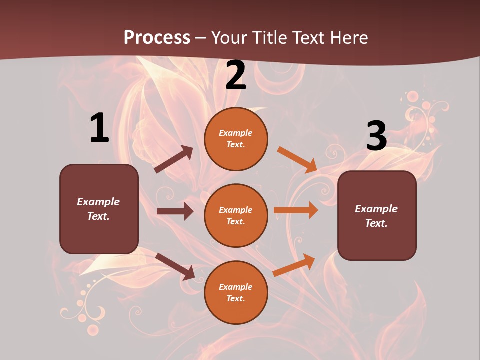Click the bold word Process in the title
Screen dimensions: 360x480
tap(157, 37)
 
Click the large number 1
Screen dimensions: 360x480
tap(99, 128)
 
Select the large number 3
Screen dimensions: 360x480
tap(376, 136)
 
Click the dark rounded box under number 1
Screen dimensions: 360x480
tap(99, 209)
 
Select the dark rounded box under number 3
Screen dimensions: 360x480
tap(377, 215)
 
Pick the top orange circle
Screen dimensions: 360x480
tap(236, 139)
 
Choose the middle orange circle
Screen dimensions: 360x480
tap(236, 215)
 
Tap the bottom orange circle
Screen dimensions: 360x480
tap(236, 292)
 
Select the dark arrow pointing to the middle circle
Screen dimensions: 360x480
tap(175, 211)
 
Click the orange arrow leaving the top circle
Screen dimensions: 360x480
tap(297, 160)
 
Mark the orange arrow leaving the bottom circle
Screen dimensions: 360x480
tap(294, 265)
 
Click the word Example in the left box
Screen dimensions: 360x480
tap(98, 202)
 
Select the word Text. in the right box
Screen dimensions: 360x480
tap(376, 223)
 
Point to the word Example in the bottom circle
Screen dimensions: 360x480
tap(236, 287)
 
